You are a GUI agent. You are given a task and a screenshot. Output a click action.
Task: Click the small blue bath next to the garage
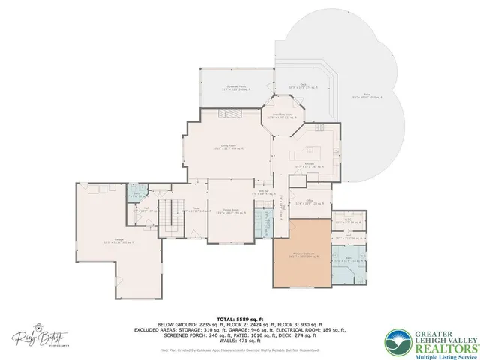(x=136, y=195)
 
